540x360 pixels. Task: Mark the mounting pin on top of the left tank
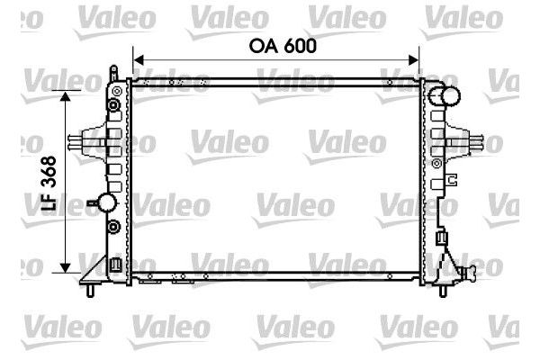(112, 71)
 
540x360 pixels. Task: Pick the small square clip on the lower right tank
(440, 238)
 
